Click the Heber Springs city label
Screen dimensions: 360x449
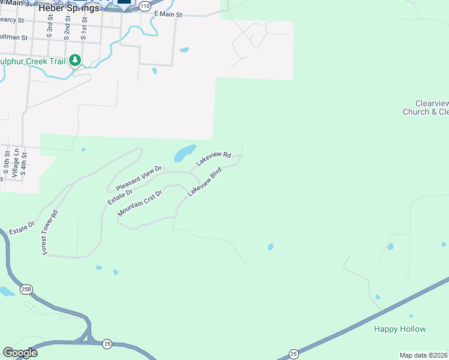pyautogui.click(x=68, y=8)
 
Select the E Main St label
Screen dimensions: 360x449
pyautogui.click(x=167, y=13)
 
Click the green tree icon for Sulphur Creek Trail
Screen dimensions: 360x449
pyautogui.click(x=75, y=60)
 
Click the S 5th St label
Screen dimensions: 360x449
pyautogui.click(x=5, y=166)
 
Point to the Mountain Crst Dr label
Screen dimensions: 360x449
pyautogui.click(x=141, y=203)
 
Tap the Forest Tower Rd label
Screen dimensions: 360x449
pyautogui.click(x=49, y=233)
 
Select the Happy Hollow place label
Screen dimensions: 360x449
pyautogui.click(x=400, y=329)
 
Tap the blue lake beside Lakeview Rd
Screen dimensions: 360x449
pyautogui.click(x=185, y=153)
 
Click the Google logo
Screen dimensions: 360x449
pyautogui.click(x=20, y=353)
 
